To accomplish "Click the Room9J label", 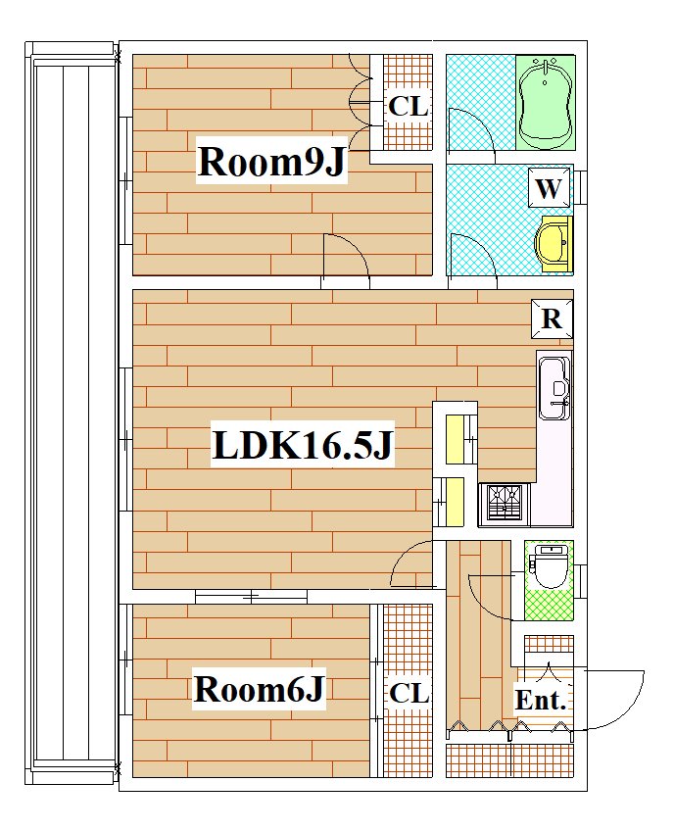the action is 271,161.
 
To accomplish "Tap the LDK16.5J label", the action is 303,445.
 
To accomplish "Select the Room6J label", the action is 259,689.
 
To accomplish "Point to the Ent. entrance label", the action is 541,701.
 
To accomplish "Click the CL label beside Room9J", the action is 408,107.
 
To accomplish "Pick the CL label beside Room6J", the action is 409,693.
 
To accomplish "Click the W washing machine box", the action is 549,187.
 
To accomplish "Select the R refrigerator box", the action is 553,319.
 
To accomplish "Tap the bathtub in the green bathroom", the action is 547,103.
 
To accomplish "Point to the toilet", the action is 549,567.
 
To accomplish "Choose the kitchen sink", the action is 554,388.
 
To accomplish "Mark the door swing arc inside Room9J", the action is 353,250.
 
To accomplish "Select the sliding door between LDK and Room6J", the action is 251,597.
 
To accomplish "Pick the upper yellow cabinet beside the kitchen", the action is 456,440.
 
